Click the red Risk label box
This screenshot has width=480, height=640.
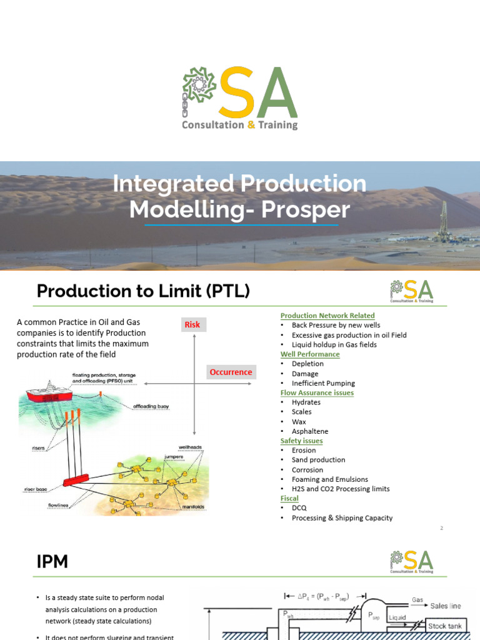click(x=192, y=324)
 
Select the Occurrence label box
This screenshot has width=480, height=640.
click(x=231, y=372)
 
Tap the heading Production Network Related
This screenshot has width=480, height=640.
click(x=327, y=316)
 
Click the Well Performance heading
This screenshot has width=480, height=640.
click(x=310, y=354)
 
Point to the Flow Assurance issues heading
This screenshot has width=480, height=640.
click(x=317, y=392)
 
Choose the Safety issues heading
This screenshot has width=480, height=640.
click(x=301, y=441)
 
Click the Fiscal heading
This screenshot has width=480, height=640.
click(x=289, y=498)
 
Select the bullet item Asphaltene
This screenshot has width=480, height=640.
click(x=309, y=431)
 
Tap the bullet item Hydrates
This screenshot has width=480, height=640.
click(x=306, y=402)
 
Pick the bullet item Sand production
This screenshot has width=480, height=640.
click(x=318, y=460)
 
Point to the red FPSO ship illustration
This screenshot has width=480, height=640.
click(x=53, y=394)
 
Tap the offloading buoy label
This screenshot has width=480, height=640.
click(x=151, y=406)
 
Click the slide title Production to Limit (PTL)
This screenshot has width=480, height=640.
click(x=143, y=291)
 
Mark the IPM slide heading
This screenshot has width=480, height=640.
click(x=52, y=562)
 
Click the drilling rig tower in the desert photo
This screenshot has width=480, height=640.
click(x=444, y=219)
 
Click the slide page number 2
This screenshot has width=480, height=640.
click(x=441, y=528)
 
